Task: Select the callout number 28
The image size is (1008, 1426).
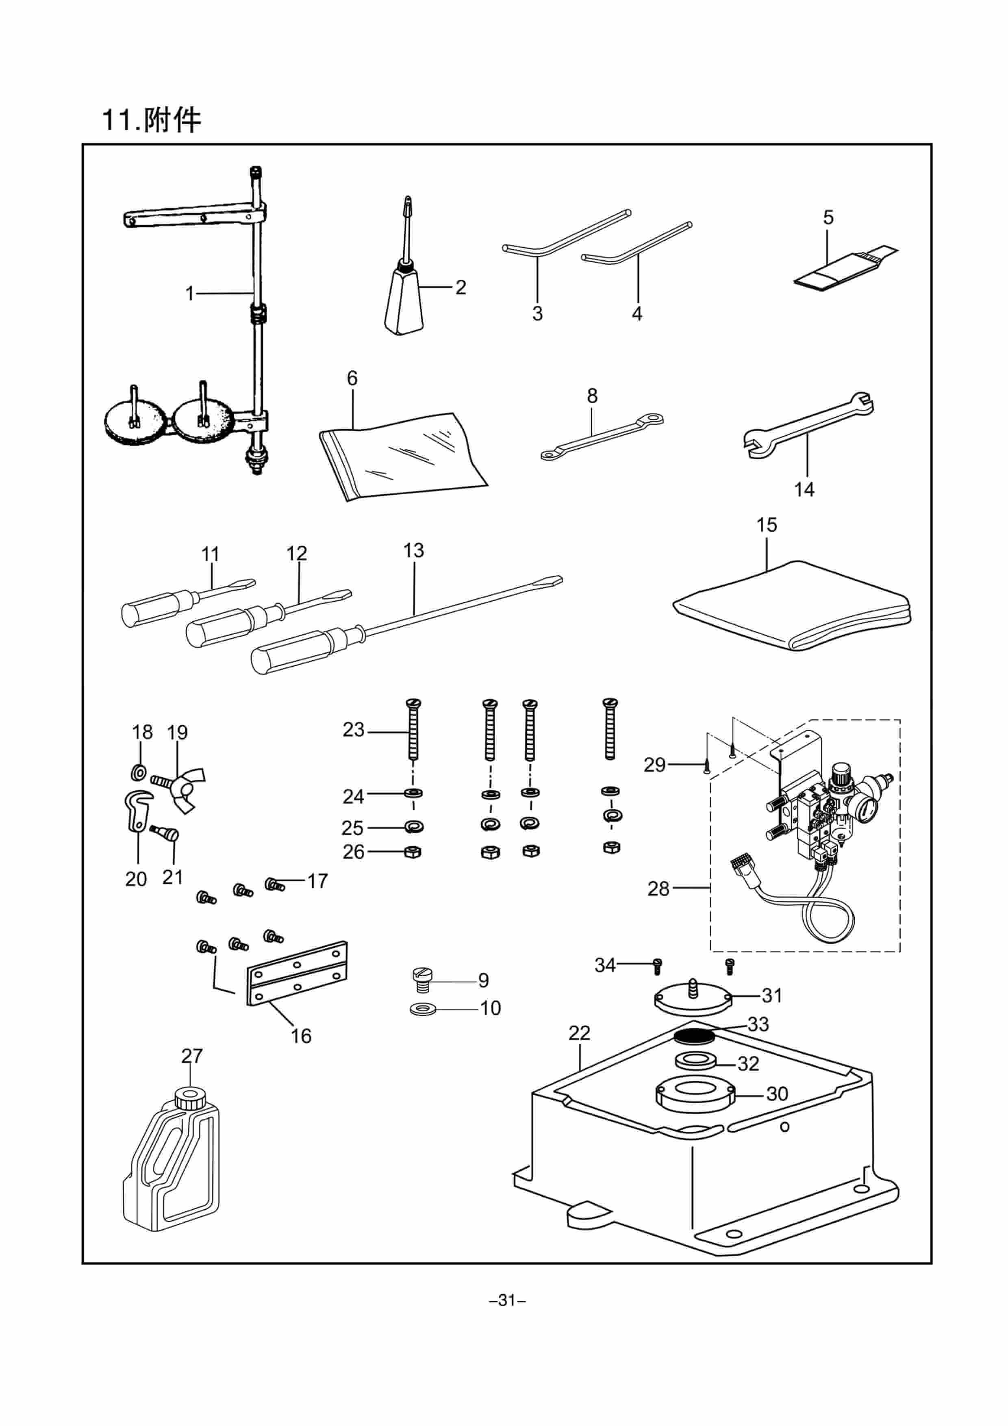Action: (x=658, y=889)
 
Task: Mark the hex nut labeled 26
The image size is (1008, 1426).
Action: (x=413, y=852)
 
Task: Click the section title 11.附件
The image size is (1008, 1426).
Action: (x=152, y=120)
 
